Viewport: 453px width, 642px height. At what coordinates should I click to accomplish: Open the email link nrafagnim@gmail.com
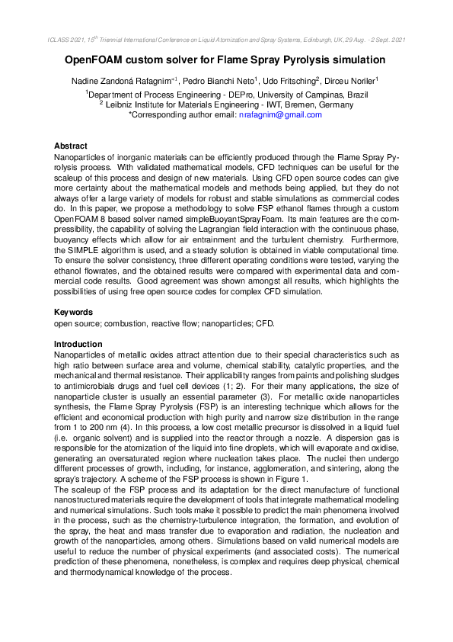coord(280,114)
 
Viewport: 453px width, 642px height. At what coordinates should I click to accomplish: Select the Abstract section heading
coord(71,146)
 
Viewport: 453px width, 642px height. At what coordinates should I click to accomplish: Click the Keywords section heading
coord(74,312)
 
